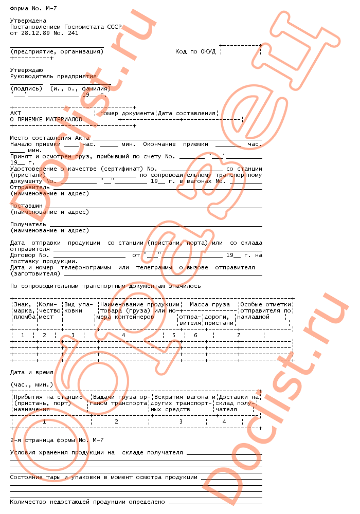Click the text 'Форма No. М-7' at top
[x=31, y=9]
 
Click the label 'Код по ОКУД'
[x=195, y=51]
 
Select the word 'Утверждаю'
[x=26, y=70]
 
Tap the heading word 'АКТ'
[x=16, y=113]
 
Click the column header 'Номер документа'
[x=127, y=113]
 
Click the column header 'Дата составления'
[x=186, y=113]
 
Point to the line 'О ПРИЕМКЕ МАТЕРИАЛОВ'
[x=46, y=119]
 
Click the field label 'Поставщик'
[x=26, y=206]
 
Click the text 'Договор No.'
[x=29, y=255]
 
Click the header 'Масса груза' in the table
[x=210, y=304]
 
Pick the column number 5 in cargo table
[x=173, y=335]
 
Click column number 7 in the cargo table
[x=238, y=335]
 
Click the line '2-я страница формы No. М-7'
[x=57, y=440]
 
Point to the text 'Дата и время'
[x=32, y=372]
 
